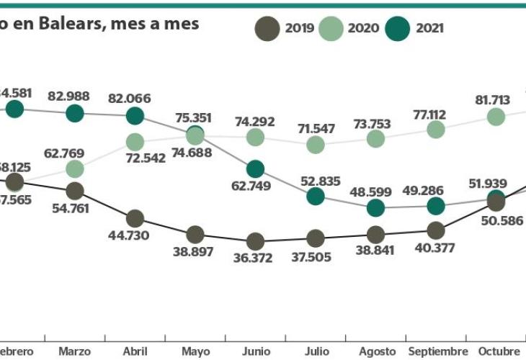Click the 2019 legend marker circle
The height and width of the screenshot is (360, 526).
(267, 29)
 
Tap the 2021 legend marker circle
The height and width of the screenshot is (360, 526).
(398, 29)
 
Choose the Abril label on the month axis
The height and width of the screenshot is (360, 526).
(135, 351)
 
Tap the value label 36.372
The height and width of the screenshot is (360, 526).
(255, 258)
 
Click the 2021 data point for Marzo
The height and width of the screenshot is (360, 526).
(75, 113)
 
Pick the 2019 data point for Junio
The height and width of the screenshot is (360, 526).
(255, 240)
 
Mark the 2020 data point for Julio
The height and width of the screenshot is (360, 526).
(315, 145)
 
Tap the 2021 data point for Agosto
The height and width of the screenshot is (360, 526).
(375, 208)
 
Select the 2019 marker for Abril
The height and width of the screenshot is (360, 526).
(135, 218)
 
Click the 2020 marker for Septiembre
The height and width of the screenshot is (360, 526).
(435, 129)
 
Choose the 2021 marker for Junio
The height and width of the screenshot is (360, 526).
(255, 169)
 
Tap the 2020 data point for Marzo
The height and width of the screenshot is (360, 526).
(75, 168)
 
